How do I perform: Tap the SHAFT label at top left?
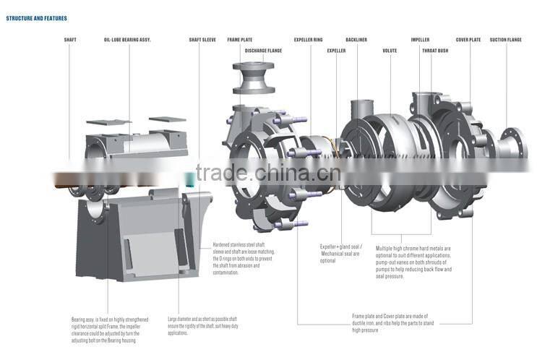click(70, 40)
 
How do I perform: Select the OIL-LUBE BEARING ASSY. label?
click(127, 40)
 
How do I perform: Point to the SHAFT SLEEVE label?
click(202, 40)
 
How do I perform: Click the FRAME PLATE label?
click(240, 40)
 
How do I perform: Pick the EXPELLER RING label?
click(309, 40)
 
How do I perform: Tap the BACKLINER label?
click(356, 40)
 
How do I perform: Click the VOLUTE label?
click(390, 51)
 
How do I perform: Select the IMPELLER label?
click(420, 40)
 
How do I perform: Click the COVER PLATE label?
click(468, 40)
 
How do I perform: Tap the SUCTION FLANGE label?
click(505, 40)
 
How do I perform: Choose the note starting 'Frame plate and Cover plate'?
click(393, 323)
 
